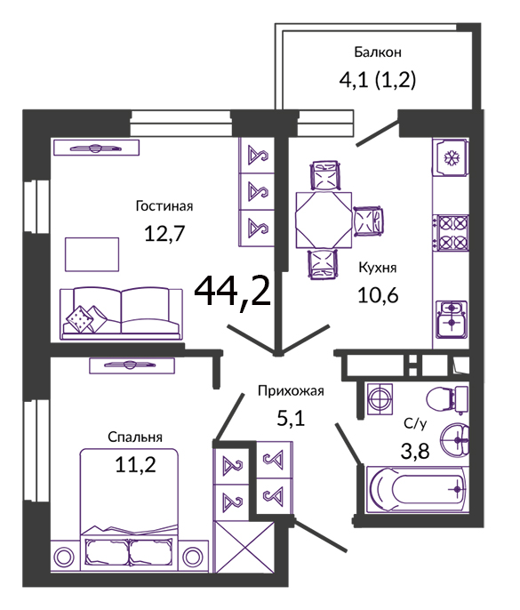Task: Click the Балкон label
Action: [x=377, y=52]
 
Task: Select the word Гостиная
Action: [x=164, y=205]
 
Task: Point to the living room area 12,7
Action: [x=164, y=233]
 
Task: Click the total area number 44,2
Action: [x=232, y=291]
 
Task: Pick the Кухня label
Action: [x=377, y=268]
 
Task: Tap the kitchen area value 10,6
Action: [x=378, y=295]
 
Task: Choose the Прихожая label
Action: [x=291, y=390]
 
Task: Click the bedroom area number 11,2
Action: [x=135, y=464]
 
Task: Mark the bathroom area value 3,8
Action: [x=415, y=452]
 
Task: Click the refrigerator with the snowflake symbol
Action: [x=452, y=157]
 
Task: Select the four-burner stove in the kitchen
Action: [x=452, y=233]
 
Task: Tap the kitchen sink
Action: [x=452, y=319]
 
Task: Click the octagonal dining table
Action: [x=324, y=220]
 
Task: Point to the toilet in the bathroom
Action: [x=447, y=399]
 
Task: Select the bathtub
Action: [x=417, y=489]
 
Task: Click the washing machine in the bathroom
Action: [x=380, y=398]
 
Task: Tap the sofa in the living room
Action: [x=121, y=314]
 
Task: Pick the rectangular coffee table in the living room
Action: [x=92, y=254]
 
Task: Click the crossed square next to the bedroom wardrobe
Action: [x=244, y=547]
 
